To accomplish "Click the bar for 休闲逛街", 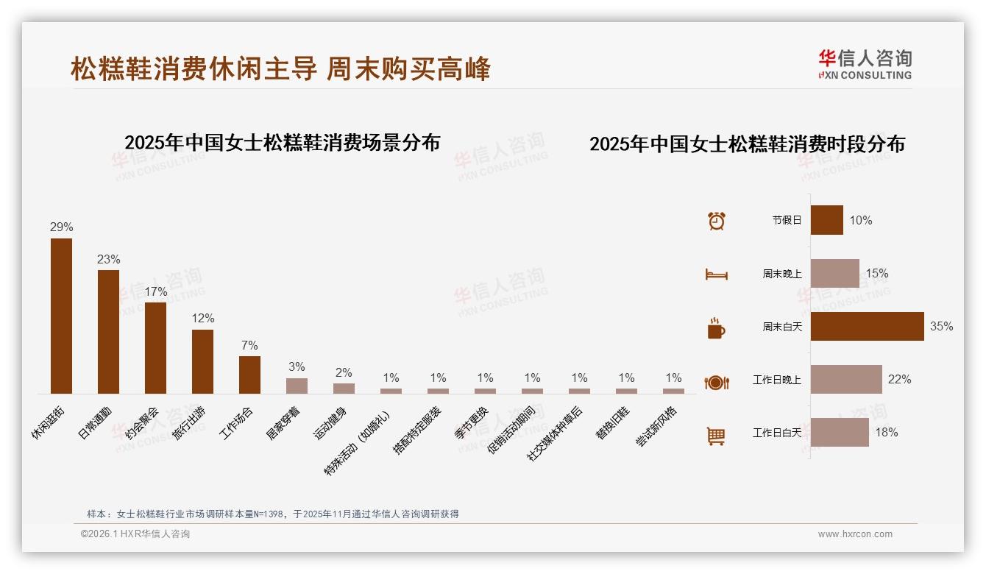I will click(x=61, y=316).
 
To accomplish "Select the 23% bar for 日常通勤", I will click(x=108, y=331).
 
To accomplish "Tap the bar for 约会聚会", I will click(x=155, y=347).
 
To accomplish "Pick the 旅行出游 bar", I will click(x=202, y=361).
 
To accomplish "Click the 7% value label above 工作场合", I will click(x=249, y=345).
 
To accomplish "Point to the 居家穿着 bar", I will click(x=297, y=386).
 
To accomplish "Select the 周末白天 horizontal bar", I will click(x=867, y=326).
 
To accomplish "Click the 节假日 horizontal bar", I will click(x=826, y=220).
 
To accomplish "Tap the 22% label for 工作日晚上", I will click(x=899, y=379).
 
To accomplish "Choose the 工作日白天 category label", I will click(x=776, y=433).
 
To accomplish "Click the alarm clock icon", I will click(x=716, y=220).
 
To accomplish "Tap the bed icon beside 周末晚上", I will click(x=716, y=274).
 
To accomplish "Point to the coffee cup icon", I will click(x=716, y=327).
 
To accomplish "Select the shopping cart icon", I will click(x=716, y=436).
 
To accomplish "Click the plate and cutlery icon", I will click(x=716, y=382).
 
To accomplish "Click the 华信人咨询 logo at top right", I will click(x=865, y=64).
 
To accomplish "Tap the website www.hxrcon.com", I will click(x=855, y=534).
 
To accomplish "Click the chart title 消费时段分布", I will click(x=747, y=143).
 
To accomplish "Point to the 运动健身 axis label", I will click(x=330, y=423).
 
